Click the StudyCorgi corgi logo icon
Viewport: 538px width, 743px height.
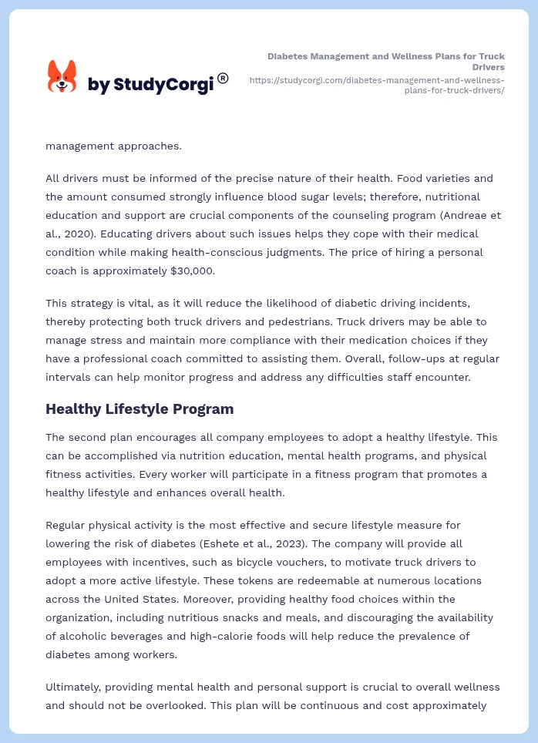pyautogui.click(x=62, y=77)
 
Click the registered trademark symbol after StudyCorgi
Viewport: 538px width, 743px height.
pyautogui.click(x=223, y=78)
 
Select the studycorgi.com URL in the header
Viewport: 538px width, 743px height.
pyautogui.click(x=377, y=85)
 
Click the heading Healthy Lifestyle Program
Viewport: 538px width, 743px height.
pyautogui.click(x=140, y=408)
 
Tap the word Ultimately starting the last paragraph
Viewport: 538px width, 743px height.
pyautogui.click(x=75, y=687)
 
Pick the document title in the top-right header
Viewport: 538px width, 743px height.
pyautogui.click(x=386, y=62)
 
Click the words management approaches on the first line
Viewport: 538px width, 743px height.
pyautogui.click(x=103, y=146)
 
